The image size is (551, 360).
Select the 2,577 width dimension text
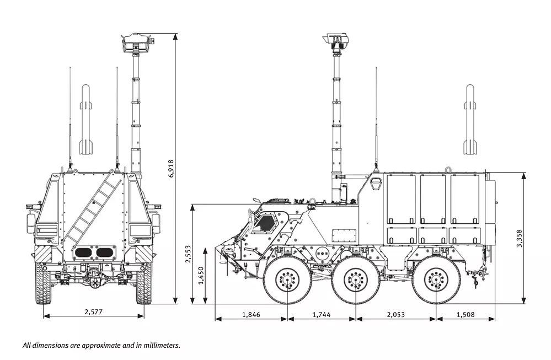tap(93, 311)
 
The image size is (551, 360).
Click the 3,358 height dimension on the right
tap(519, 238)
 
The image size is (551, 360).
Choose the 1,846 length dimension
tap(251, 315)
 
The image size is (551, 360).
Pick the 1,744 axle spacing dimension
tap(322, 315)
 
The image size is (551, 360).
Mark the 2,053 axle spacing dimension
tap(395, 315)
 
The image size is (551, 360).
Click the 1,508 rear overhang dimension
tap(466, 315)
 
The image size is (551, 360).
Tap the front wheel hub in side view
tap(287, 280)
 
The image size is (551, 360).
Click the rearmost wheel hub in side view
tap(436, 280)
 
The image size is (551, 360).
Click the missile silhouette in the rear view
tap(85, 120)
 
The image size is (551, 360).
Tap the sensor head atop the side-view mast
tap(336, 40)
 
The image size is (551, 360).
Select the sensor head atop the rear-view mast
tap(135, 41)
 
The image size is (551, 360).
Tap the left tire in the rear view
tap(43, 282)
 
